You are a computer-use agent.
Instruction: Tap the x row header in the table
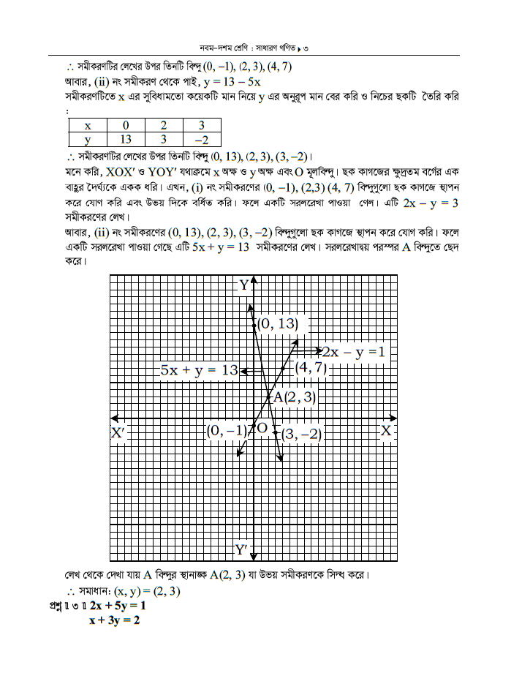pyautogui.click(x=87, y=125)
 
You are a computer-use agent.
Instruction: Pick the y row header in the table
pyautogui.click(x=87, y=139)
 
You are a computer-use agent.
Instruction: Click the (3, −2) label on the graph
pyautogui.click(x=301, y=434)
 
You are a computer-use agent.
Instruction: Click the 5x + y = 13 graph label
pyautogui.click(x=199, y=370)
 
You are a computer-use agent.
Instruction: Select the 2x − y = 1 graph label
pyautogui.click(x=354, y=353)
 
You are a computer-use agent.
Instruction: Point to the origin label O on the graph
pyautogui.click(x=262, y=428)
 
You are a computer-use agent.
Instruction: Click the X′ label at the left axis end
pyautogui.click(x=119, y=433)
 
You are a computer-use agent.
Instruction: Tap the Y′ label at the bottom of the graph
pyautogui.click(x=242, y=549)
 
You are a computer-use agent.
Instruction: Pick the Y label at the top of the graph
pyautogui.click(x=244, y=285)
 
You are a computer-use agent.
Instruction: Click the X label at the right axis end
pyautogui.click(x=387, y=432)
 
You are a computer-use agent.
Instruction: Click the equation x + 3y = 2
pyautogui.click(x=114, y=620)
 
